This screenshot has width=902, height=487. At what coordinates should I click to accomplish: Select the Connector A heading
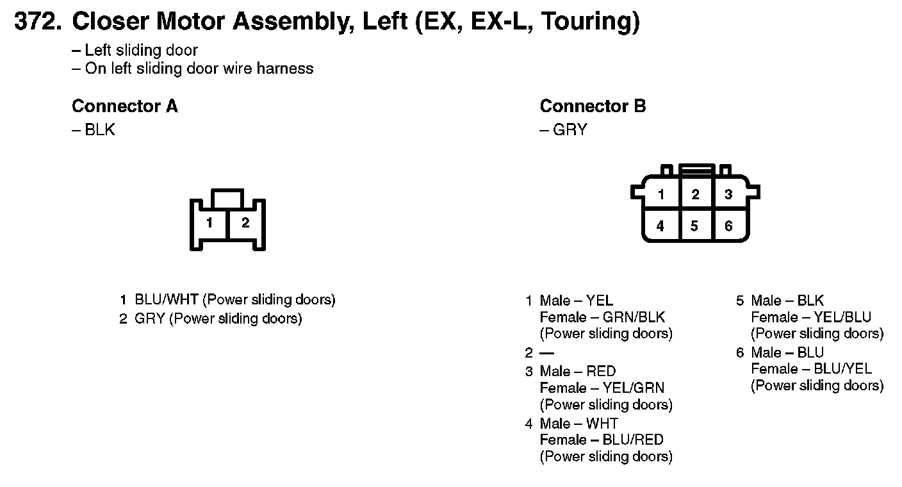point(124,106)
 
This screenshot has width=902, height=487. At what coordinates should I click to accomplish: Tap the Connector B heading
point(593,106)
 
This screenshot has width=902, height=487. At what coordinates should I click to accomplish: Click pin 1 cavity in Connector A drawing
point(209,224)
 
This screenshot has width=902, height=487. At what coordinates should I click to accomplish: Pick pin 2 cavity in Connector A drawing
point(245,224)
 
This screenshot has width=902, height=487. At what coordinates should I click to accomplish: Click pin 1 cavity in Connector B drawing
point(660,194)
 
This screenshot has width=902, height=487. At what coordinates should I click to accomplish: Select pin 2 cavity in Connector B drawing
point(695,194)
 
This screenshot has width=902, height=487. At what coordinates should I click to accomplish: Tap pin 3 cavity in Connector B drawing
point(728,194)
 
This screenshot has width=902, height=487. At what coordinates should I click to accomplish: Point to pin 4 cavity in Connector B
point(660,226)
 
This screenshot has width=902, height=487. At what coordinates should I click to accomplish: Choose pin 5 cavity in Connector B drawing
point(695,226)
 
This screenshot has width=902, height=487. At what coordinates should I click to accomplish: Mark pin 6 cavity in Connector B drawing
point(728,226)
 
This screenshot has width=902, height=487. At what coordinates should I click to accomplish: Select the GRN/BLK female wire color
point(634,317)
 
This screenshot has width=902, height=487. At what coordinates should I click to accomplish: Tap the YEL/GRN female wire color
point(633,388)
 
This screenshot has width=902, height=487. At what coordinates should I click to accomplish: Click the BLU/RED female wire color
point(633,440)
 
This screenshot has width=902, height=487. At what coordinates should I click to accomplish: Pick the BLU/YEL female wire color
point(842,369)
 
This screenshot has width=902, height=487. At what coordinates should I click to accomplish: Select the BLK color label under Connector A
point(100,130)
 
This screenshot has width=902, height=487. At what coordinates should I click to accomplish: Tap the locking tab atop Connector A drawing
point(227,197)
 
